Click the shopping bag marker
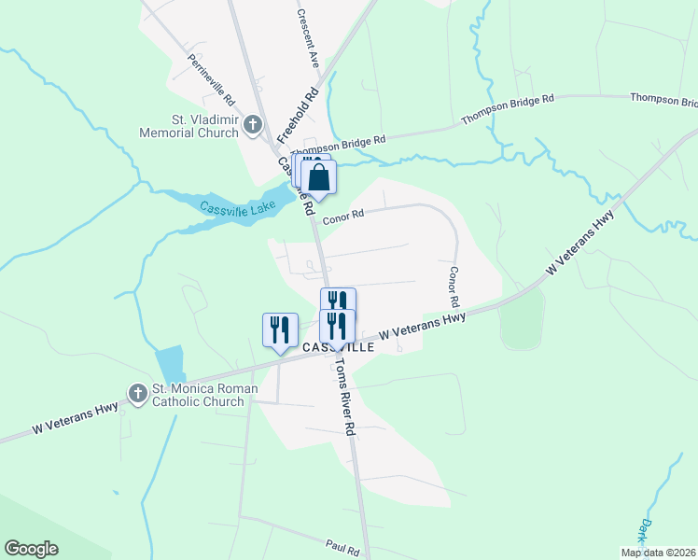(318, 177)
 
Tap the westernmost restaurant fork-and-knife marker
(279, 329)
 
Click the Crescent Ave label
(308, 40)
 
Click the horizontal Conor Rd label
(343, 216)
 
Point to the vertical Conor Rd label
(453, 287)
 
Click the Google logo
(31, 549)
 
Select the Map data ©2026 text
(658, 553)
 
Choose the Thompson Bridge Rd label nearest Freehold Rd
(338, 145)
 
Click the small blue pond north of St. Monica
(170, 364)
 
